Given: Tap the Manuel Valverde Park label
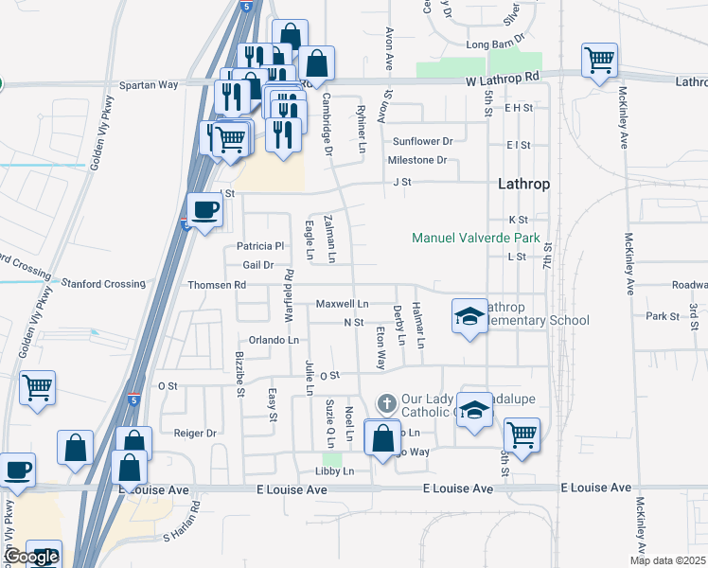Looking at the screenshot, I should click(x=476, y=238).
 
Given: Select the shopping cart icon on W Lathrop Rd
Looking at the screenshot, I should click(x=600, y=62).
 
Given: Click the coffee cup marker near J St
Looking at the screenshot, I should click(x=204, y=209).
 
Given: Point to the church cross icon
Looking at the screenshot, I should click(x=385, y=404).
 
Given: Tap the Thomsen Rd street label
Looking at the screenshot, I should click(x=216, y=284).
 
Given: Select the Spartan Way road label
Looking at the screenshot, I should click(x=149, y=84).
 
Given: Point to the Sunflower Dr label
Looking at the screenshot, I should click(x=423, y=141).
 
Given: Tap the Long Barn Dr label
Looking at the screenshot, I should click(x=495, y=44).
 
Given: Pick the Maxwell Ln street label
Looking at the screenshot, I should click(x=342, y=304).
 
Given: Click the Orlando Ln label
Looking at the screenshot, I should click(x=274, y=340).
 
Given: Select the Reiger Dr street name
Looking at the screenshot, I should click(x=196, y=433).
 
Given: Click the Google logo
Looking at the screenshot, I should click(x=30, y=558).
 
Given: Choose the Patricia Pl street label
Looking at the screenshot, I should click(x=260, y=246).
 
